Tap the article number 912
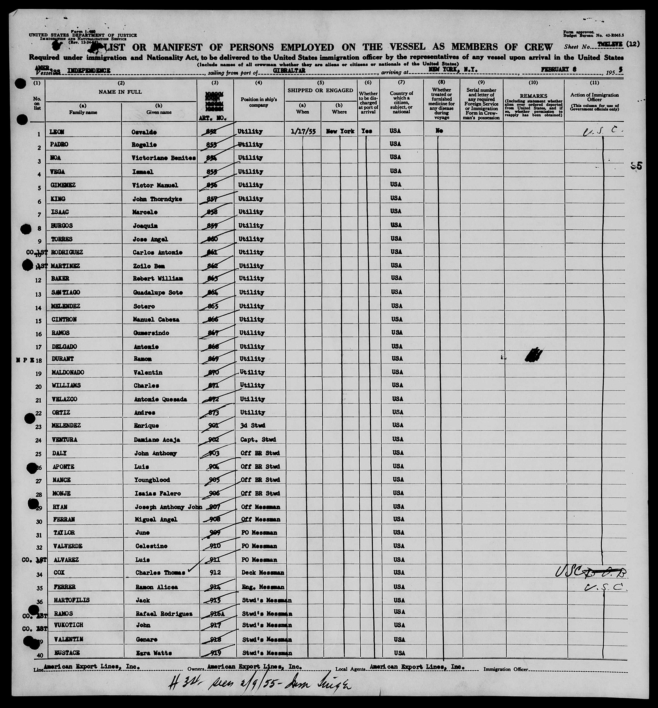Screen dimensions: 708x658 point(216,572)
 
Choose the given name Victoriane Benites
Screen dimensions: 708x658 point(164,158)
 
